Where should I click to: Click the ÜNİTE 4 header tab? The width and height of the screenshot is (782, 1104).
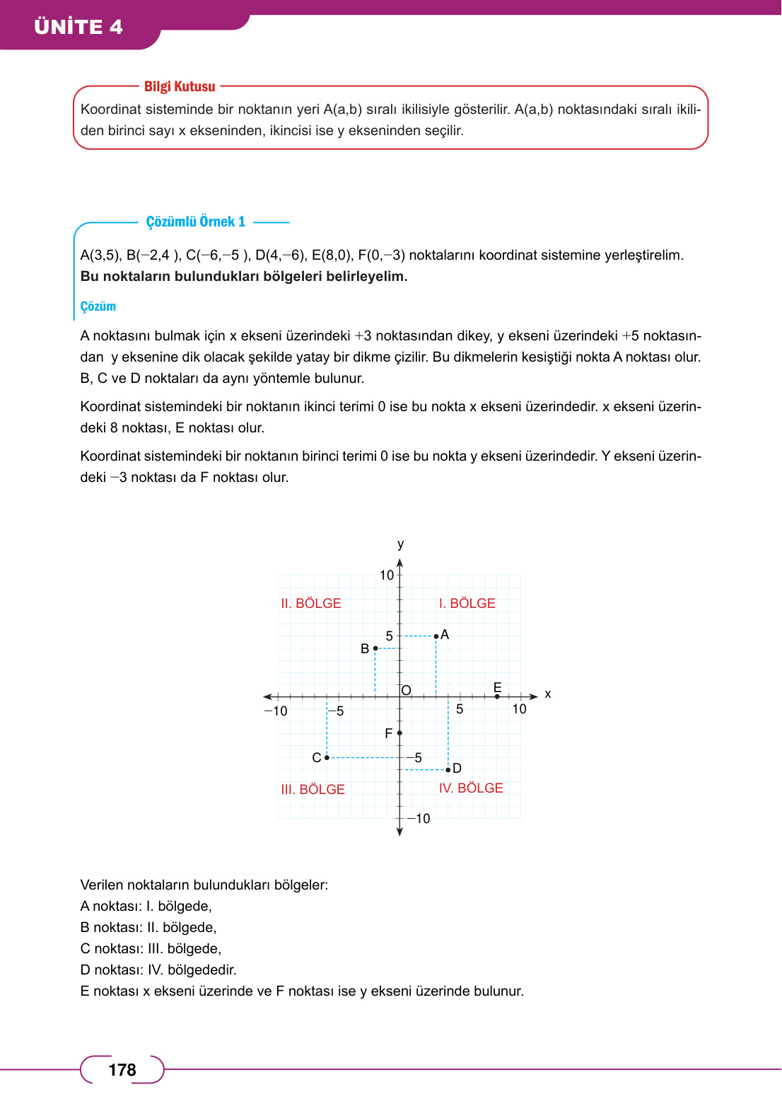[x=78, y=27]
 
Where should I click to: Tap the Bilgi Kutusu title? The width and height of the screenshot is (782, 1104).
[x=180, y=86]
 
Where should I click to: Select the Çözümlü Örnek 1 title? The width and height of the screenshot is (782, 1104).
[x=196, y=222]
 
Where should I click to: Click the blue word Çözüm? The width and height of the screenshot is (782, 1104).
[x=98, y=306]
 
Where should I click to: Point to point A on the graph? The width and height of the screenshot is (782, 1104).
[x=436, y=636]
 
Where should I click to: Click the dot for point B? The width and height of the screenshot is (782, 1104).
[x=375, y=648]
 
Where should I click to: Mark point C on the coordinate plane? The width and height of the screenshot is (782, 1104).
[x=327, y=757]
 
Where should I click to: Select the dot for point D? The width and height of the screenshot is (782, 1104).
[x=448, y=769]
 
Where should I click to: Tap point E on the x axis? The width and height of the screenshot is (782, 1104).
[x=497, y=696]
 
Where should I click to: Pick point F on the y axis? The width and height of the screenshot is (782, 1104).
[x=399, y=732]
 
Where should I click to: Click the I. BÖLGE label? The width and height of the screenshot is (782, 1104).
[x=467, y=604]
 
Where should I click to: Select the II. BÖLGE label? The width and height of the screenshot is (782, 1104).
[x=310, y=604]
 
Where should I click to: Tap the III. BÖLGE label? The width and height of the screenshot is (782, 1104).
[x=313, y=789]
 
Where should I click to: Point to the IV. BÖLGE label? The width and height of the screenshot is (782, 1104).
[x=471, y=788]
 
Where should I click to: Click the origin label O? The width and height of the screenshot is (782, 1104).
[x=407, y=690]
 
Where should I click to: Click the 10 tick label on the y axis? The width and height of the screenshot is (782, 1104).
[x=386, y=575]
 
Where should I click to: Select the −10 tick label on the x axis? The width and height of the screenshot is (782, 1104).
[x=276, y=711]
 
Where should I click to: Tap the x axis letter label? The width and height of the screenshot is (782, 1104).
[x=548, y=694]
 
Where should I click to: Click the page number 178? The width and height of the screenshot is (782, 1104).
[x=122, y=1069]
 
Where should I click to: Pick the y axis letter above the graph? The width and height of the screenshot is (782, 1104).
[x=401, y=544]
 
